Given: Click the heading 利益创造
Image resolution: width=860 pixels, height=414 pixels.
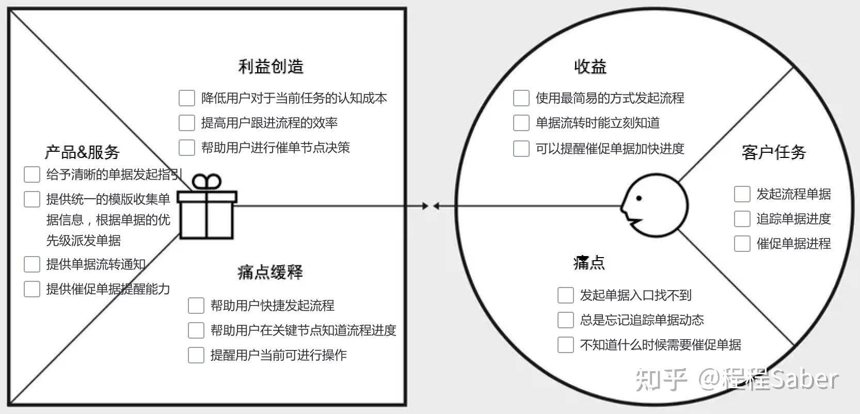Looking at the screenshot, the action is point(270,67).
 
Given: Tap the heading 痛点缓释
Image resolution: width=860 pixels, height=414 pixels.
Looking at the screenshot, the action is point(270,272).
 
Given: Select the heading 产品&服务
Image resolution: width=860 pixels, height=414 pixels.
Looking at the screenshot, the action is point(82,152).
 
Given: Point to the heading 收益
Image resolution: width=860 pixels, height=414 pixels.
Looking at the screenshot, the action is point(590,67).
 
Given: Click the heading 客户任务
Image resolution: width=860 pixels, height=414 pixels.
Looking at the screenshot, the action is point(773,152).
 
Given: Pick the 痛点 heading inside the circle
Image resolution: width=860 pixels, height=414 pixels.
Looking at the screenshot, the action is point(589,263).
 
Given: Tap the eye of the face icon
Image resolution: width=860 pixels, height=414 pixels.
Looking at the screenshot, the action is point(639,198).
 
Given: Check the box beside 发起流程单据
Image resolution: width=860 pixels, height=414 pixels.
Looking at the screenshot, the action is point(742,194).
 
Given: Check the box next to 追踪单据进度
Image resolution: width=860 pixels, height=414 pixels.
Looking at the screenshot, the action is point(742,219).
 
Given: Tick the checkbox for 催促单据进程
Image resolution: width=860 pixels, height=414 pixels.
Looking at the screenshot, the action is point(742,244).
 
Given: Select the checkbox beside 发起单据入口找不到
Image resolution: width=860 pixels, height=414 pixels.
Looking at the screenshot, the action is point(565,295).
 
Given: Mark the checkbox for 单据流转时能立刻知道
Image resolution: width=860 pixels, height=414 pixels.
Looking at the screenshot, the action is point(521,123).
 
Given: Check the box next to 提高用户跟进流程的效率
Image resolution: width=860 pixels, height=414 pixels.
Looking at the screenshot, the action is point(186,123).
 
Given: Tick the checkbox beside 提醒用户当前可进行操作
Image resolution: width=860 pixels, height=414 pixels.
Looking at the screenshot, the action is point(196,355).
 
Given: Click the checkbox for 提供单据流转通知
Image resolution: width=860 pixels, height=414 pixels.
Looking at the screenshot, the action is point(32,264).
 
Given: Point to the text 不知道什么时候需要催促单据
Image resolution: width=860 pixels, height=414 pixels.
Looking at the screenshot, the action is point(660,345).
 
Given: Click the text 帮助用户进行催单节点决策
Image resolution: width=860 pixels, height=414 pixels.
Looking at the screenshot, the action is point(275,148).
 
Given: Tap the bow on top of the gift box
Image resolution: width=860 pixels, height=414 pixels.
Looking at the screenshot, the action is point(206,182).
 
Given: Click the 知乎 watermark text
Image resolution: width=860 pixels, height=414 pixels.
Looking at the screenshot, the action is point(661,379).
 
